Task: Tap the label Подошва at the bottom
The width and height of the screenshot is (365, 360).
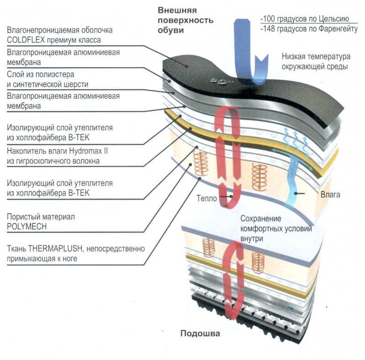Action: tap(200, 334)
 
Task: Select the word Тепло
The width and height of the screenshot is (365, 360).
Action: tap(207, 199)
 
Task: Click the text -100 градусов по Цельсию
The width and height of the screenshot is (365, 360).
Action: tap(305, 19)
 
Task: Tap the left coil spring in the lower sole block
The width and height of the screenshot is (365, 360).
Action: tap(209, 247)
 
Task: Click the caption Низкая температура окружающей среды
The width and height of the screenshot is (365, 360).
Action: tap(315, 62)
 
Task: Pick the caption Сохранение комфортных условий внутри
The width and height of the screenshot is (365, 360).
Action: tap(276, 228)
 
